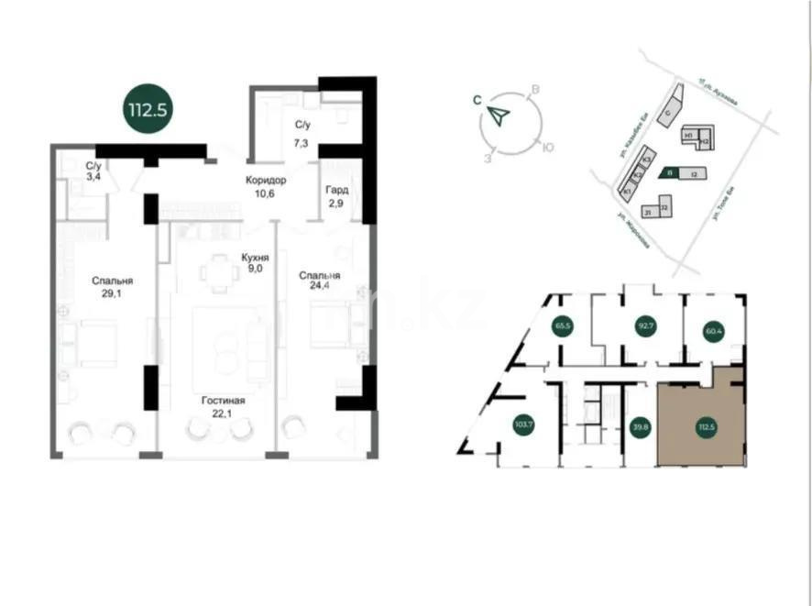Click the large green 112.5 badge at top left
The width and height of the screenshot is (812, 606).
148,107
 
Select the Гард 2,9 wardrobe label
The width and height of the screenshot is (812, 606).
336,195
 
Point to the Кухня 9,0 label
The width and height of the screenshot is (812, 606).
254,264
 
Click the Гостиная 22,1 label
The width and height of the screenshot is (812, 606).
225,406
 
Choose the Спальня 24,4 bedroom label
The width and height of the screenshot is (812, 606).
320,281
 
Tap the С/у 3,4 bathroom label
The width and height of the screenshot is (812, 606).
93,171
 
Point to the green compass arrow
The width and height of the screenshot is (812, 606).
498,116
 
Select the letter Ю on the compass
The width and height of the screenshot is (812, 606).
547,147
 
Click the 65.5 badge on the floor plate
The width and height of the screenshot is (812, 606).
563,325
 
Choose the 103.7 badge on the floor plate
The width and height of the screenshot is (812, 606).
524,424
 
